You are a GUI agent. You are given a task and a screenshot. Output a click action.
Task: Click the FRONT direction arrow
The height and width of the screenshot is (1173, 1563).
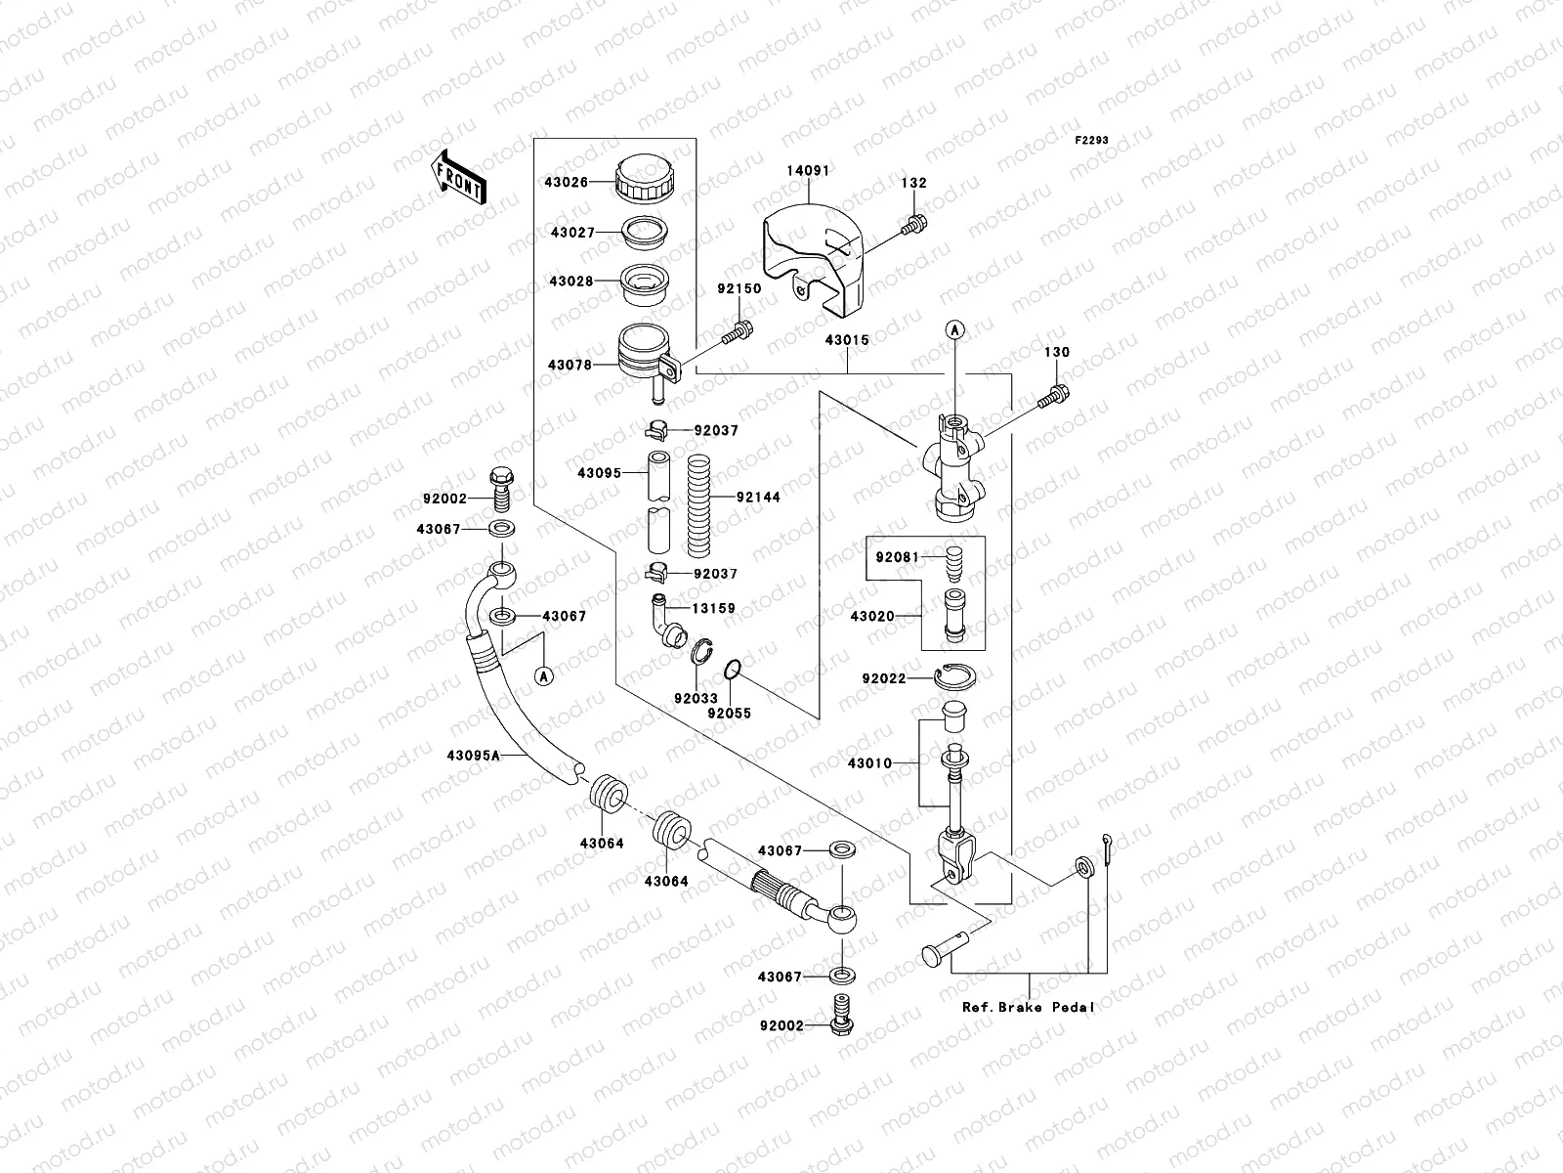(x=458, y=176)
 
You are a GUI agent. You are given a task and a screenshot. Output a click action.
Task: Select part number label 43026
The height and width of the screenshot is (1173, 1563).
(x=567, y=183)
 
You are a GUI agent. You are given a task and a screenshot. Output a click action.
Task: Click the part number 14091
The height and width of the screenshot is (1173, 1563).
(x=808, y=170)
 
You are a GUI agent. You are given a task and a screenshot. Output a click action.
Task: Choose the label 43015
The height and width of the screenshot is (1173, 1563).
(x=846, y=339)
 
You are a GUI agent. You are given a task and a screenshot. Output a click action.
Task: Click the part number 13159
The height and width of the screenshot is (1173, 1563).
(x=713, y=608)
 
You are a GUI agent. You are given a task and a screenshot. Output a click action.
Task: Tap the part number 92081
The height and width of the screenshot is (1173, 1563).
(x=896, y=557)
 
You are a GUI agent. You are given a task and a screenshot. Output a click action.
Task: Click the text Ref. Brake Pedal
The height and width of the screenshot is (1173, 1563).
(x=1029, y=1007)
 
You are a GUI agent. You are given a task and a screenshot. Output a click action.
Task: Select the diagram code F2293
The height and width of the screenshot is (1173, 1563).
(x=1093, y=141)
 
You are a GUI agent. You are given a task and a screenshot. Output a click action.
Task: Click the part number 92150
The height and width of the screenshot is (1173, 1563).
(x=739, y=289)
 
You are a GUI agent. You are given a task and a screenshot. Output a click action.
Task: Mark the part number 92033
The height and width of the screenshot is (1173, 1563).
(x=696, y=699)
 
